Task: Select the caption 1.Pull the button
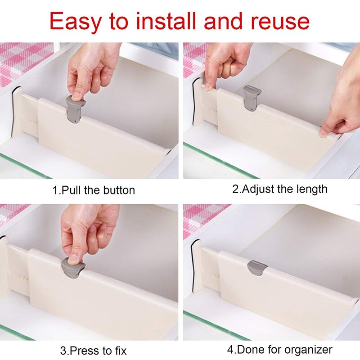click(94, 190)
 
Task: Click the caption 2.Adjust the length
click(279, 189)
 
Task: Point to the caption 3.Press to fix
click(94, 351)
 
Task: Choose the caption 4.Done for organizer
click(279, 350)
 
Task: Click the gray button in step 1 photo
click(75, 110)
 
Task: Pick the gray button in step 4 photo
click(257, 269)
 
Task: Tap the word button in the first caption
click(118, 190)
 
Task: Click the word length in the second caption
click(311, 189)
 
